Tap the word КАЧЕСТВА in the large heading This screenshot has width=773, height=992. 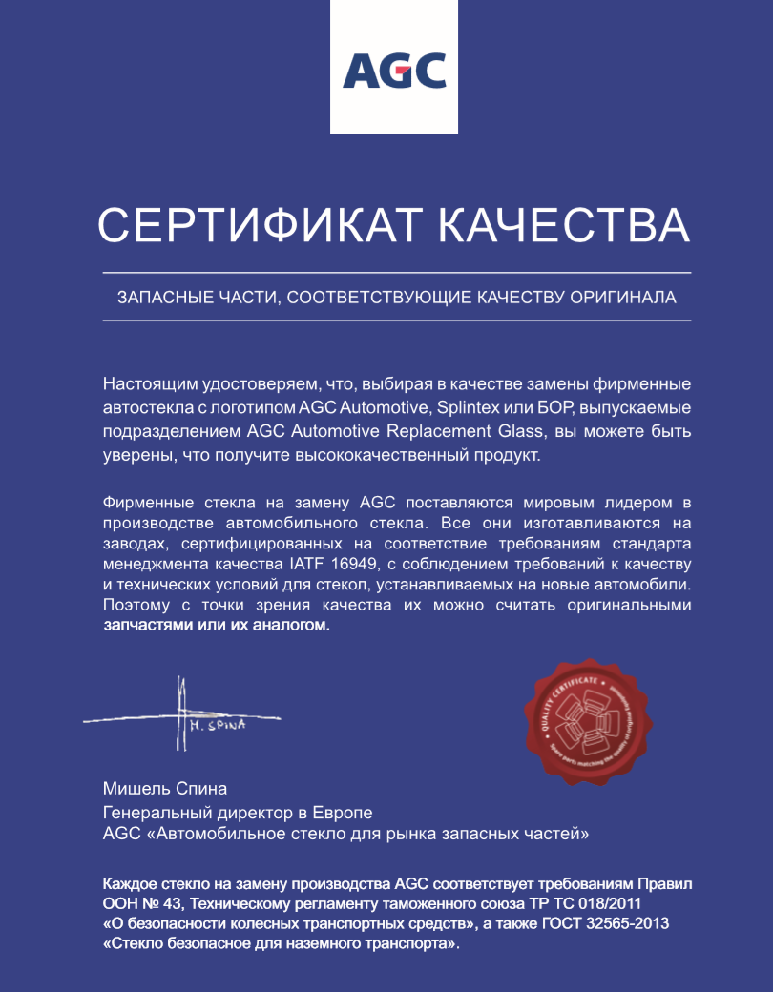click(563, 226)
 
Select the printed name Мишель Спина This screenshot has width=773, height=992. click(165, 789)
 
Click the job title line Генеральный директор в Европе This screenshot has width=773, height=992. click(237, 813)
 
